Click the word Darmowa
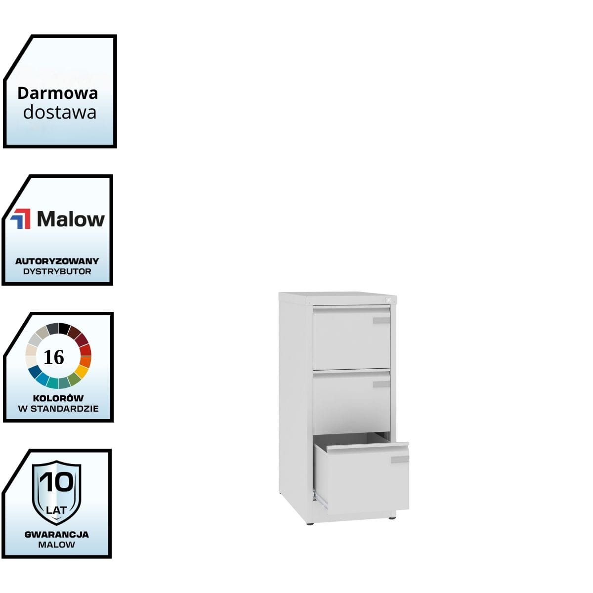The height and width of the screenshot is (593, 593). tap(58, 93)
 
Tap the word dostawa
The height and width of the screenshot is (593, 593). tap(60, 112)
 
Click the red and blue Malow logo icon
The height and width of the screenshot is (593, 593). tap(20, 219)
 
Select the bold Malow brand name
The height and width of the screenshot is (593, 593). tap(71, 219)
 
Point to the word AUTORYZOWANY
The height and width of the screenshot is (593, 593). tap(57, 261)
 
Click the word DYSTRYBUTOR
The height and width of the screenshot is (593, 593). tap(57, 271)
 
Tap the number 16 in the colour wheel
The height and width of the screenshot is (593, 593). tap(54, 357)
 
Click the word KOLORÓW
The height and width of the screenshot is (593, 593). tap(58, 398)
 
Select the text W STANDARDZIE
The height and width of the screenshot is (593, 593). tap(58, 409)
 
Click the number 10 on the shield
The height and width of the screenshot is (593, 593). tap(57, 482)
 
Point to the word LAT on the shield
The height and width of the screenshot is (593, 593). tap(56, 509)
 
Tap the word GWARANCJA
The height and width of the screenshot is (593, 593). tap(57, 534)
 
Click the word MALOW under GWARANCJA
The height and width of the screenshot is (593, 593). tap(57, 545)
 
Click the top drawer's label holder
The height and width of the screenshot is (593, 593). tap(381, 321)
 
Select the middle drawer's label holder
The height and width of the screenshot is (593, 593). tap(381, 384)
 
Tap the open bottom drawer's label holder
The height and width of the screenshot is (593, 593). tap(400, 460)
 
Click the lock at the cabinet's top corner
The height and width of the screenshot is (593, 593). tap(388, 299)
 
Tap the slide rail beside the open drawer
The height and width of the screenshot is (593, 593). tap(320, 499)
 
